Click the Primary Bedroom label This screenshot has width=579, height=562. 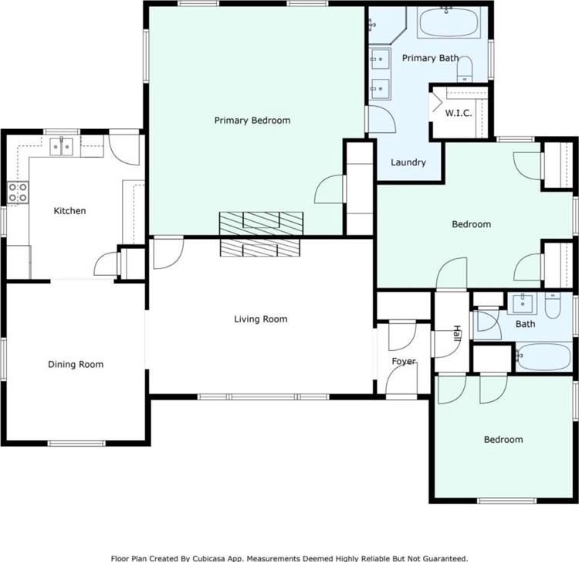click(x=252, y=121)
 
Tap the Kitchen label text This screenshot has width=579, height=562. click(x=69, y=211)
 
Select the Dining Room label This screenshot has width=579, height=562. click(x=76, y=365)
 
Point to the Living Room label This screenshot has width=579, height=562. click(x=261, y=319)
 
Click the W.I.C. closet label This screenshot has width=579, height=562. click(x=459, y=113)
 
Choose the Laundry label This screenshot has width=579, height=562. click(x=408, y=162)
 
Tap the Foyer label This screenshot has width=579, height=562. click(x=404, y=361)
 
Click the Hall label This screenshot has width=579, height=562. click(x=457, y=333)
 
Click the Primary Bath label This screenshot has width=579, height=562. click(x=430, y=58)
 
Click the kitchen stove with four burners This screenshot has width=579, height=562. click(x=18, y=192)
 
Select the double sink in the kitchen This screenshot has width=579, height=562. click(x=61, y=147)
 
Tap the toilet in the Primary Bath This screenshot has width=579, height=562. click(x=465, y=69)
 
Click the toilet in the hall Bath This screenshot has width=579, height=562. click(x=553, y=305)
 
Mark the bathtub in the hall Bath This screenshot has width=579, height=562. click(x=544, y=357)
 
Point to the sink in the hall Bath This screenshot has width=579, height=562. click(x=523, y=304)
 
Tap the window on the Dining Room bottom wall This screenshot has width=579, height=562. click(x=76, y=443)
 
